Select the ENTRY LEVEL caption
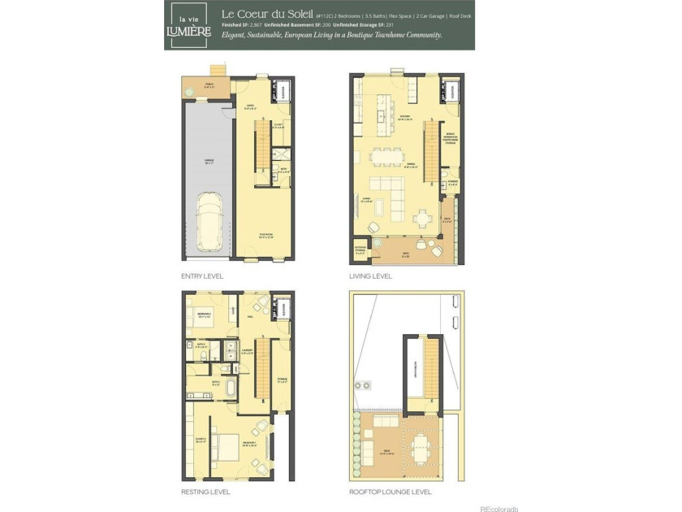click(x=201, y=276)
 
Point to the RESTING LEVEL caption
click(x=205, y=492)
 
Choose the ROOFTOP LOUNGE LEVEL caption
click(x=391, y=492)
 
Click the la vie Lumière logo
click(x=188, y=25)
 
